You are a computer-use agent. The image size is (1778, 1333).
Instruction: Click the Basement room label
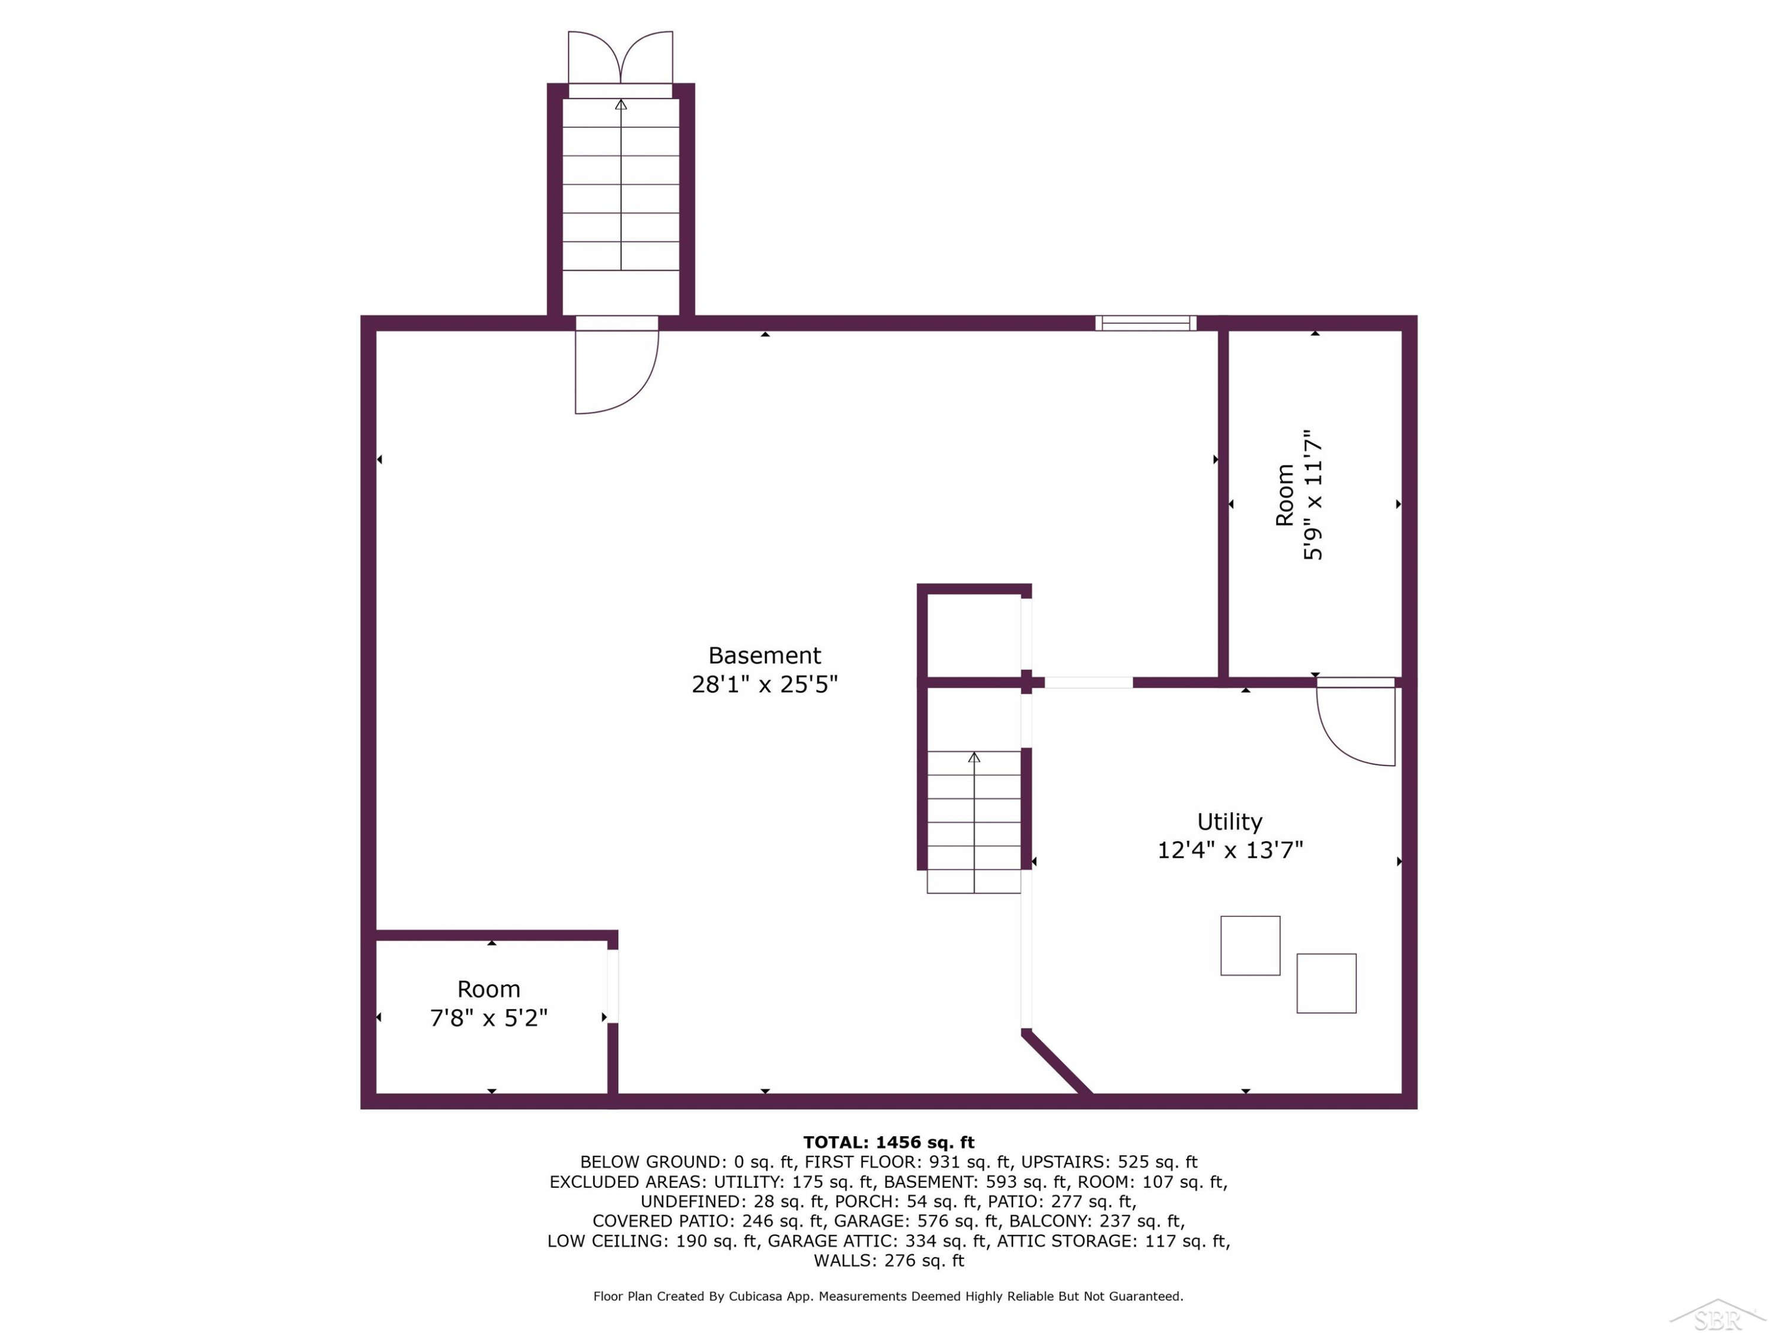coord(765,656)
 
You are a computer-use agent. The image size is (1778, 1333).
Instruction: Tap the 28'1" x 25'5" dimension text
coord(765,684)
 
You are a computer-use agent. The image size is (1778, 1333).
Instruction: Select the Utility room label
coord(1230,822)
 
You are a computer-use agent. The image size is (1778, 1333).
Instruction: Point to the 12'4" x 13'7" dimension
coord(1230,850)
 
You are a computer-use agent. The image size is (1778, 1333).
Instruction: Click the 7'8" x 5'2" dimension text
coord(489,1018)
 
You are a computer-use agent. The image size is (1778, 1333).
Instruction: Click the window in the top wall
coord(1146,323)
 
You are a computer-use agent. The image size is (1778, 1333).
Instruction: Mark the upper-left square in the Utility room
coord(1250,946)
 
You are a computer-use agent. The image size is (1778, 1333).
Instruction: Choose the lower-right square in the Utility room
coord(1326,983)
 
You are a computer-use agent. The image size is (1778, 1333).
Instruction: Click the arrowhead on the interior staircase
coord(974,757)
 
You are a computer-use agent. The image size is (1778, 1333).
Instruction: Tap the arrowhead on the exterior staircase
coord(621,104)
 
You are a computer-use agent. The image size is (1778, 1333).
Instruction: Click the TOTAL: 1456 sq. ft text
coord(888,1142)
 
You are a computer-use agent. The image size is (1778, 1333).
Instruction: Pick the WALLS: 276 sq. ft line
coord(888,1260)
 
